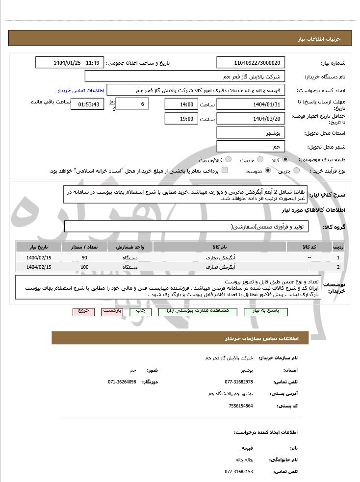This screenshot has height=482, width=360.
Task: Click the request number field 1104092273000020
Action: (251, 63)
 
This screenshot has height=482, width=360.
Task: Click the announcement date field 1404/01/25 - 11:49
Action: (70, 63)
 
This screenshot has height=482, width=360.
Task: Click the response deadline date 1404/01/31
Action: (251, 104)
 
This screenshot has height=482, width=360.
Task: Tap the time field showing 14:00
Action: (181, 104)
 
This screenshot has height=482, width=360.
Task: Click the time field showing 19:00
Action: (181, 119)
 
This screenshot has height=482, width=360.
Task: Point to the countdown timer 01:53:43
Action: (87, 104)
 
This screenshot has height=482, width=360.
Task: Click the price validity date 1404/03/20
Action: (251, 119)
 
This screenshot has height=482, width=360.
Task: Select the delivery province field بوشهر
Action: (251, 133)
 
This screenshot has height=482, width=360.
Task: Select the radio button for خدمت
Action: (260, 160)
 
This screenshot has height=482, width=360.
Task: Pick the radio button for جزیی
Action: (297, 171)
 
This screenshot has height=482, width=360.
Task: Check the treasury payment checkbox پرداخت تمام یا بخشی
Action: (225, 170)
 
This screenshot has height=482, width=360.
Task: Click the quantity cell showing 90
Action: (84, 257)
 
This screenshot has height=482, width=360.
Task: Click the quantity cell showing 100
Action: (84, 267)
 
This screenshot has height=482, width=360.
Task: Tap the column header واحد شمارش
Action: (130, 247)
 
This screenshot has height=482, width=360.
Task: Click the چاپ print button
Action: (140, 311)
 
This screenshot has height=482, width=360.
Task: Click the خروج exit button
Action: (83, 311)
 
